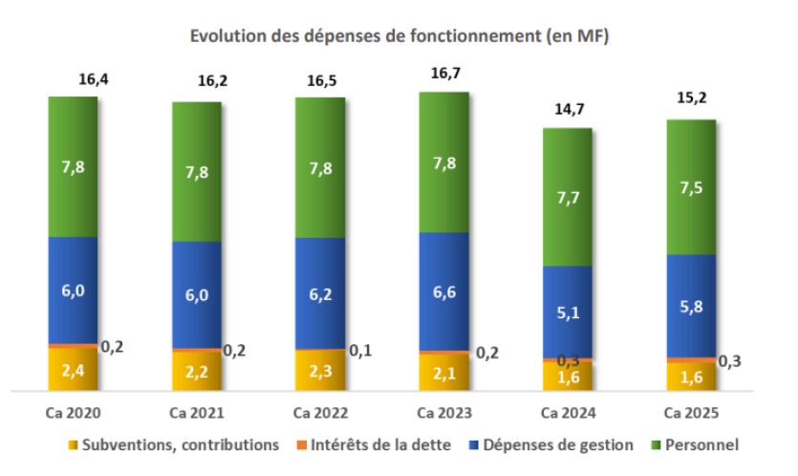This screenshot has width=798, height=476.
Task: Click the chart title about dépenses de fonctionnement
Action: click(x=399, y=37)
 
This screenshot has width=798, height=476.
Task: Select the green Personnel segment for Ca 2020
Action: click(x=73, y=166)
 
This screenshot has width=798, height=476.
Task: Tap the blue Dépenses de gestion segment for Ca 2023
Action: click(x=443, y=292)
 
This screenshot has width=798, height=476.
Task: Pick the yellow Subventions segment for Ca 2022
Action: click(x=319, y=370)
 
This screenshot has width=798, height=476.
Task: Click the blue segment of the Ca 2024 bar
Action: click(x=567, y=312)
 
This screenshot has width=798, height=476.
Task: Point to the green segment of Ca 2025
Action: click(x=691, y=187)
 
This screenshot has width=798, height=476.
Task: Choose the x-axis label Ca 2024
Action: click(x=567, y=413)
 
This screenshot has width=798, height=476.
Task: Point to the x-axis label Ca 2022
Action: click(x=319, y=413)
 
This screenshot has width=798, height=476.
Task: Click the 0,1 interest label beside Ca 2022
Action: click(x=359, y=351)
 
